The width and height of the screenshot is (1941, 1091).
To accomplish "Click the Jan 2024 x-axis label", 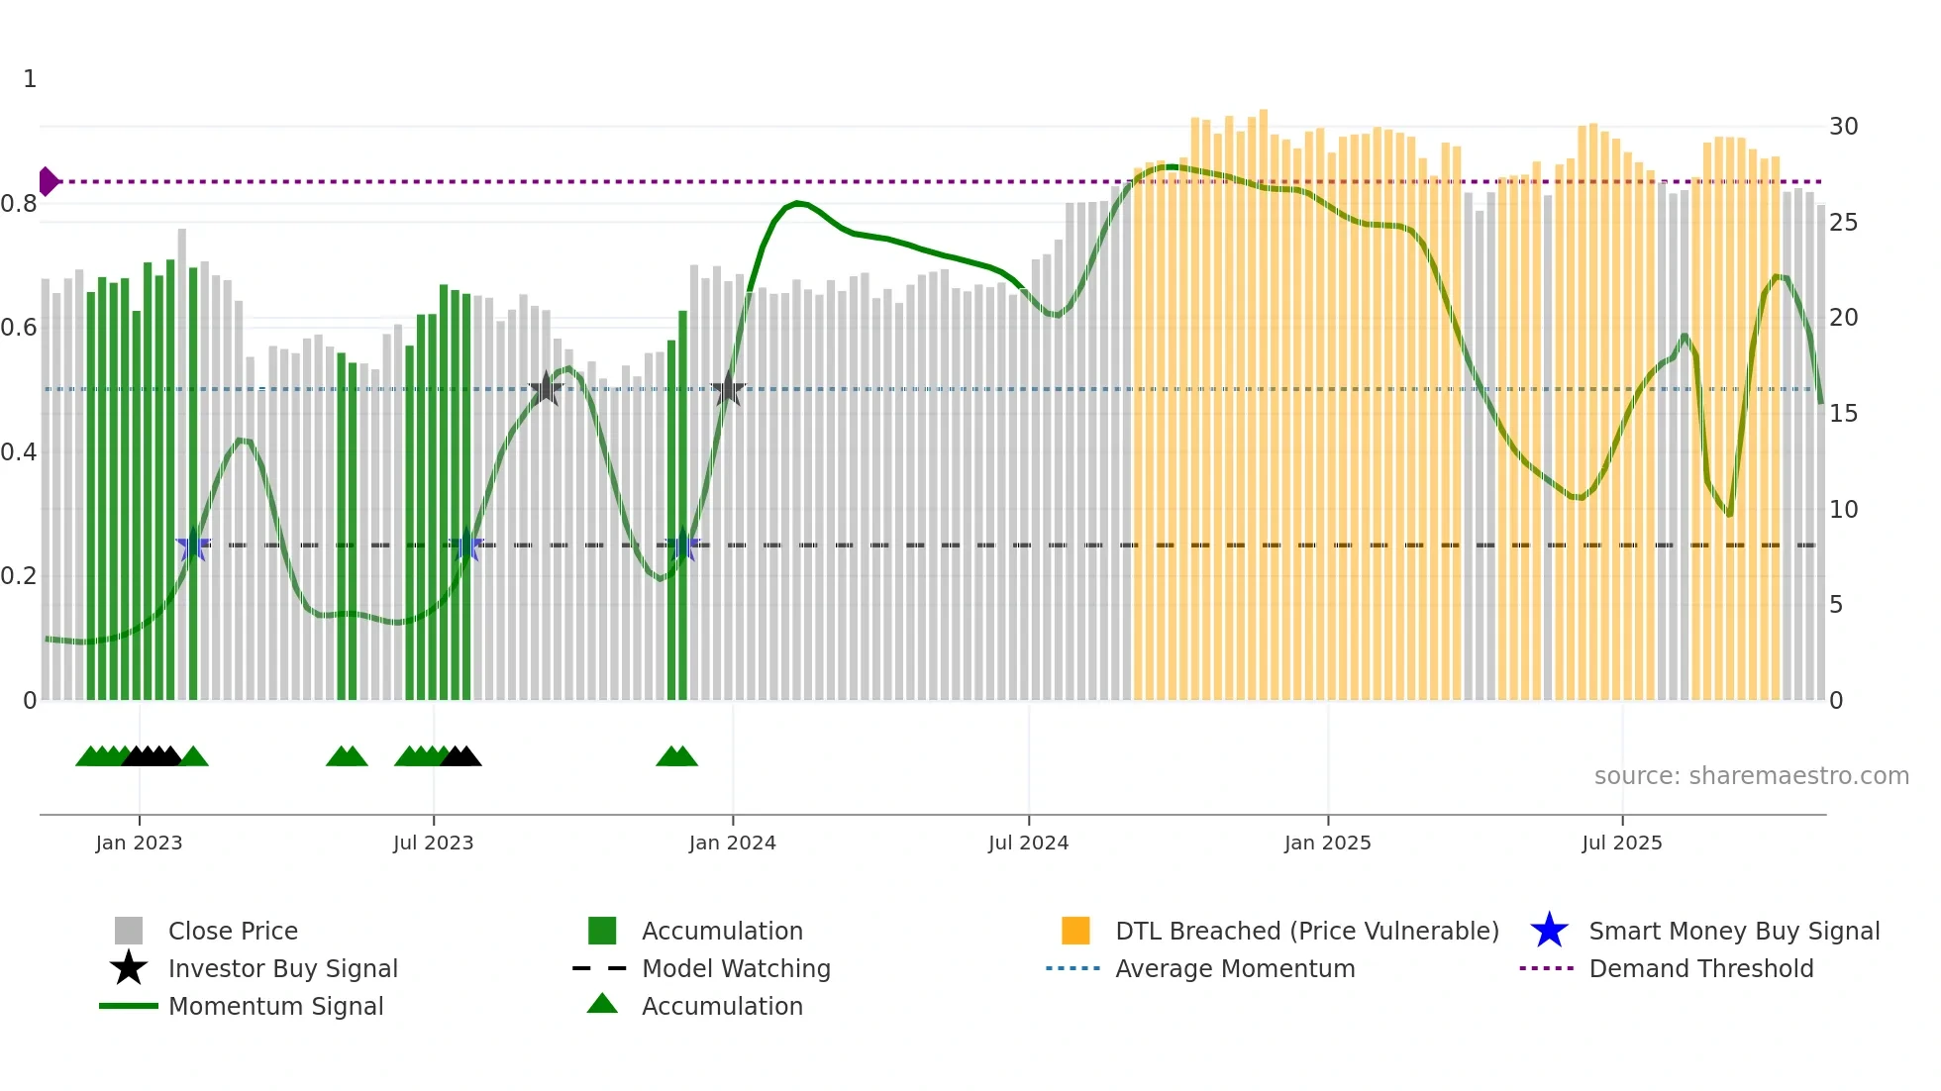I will coord(732,843).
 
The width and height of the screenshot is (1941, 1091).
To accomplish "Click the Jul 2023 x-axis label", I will coord(433,843).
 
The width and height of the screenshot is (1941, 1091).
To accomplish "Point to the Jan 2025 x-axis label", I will coord(1327,843).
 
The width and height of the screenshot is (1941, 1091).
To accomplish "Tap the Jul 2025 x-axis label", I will coord(1621,843).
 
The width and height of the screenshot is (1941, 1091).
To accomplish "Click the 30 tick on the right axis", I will coord(1843,127).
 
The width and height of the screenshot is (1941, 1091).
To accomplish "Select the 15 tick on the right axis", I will coord(1843,414).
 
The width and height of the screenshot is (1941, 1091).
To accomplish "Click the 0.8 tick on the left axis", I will coord(19,204).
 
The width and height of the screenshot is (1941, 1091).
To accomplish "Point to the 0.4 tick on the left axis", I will coord(19,452).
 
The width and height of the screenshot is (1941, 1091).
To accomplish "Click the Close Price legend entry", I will coord(233,931).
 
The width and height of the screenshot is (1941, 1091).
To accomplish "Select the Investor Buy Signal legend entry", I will coord(282,968).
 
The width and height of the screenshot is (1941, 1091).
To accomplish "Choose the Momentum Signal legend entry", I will coord(275,1006).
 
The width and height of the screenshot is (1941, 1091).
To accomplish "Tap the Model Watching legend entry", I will coord(736,968).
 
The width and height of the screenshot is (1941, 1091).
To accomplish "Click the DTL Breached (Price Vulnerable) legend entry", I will coord(1306,931).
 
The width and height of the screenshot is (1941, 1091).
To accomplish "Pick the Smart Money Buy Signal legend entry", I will coord(1733,931).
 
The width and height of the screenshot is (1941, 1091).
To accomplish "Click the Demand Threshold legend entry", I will coord(1700,968).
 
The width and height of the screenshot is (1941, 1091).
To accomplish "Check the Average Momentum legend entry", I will coord(1234,968).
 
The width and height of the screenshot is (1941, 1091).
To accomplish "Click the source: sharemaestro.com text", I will coord(1751,776).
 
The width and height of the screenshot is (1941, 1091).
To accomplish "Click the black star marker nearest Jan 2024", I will coord(728,389).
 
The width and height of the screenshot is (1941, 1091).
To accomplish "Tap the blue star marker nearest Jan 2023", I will coord(193,545).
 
